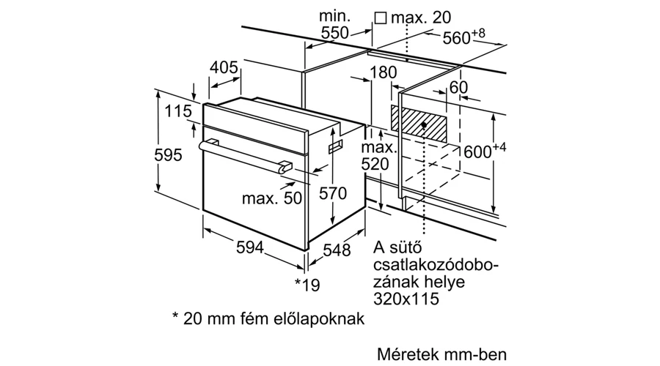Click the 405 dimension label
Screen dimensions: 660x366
coord(224,67)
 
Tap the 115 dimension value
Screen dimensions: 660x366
coord(177,111)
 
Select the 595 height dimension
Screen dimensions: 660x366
coord(168,155)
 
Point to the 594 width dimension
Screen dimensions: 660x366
coord(250,247)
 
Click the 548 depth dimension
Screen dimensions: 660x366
coord(337,250)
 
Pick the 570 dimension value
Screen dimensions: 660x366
coord(332,193)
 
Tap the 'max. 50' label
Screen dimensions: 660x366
coord(272,198)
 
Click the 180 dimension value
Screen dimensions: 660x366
coord(383,72)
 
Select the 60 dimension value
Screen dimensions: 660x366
coord(458,87)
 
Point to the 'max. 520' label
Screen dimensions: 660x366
coord(378,155)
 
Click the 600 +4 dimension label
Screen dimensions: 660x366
coord(485,150)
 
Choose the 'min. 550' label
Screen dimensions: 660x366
coord(334,24)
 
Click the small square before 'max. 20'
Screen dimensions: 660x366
coord(381,18)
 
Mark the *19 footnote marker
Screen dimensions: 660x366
coord(307,285)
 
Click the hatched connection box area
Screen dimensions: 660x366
coord(419,123)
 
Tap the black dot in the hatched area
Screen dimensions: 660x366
coord(425,124)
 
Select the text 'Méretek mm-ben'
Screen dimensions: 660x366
coord(441,354)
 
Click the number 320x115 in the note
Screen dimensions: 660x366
coord(406,299)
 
